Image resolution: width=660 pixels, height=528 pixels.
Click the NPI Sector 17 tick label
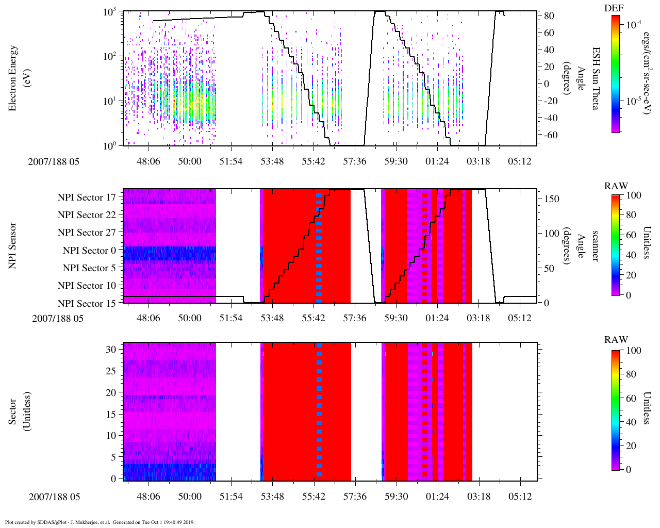point(87,197)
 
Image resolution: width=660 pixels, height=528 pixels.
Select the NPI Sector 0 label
point(89,250)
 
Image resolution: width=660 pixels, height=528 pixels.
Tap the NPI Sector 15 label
point(87,303)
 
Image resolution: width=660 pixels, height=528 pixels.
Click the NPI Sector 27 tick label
point(87,233)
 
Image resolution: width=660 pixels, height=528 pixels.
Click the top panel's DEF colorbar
point(615,74)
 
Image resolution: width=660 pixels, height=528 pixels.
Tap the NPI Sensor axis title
point(13,245)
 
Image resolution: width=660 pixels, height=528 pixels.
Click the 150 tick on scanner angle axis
point(552,199)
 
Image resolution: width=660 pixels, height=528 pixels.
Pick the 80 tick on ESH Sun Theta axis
point(549,16)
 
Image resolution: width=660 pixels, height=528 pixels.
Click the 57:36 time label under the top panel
point(355,161)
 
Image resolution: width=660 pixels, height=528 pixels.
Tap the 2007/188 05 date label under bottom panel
point(55,497)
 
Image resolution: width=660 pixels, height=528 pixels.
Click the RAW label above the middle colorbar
point(616,186)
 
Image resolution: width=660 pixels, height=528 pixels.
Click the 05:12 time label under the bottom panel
point(520,497)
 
